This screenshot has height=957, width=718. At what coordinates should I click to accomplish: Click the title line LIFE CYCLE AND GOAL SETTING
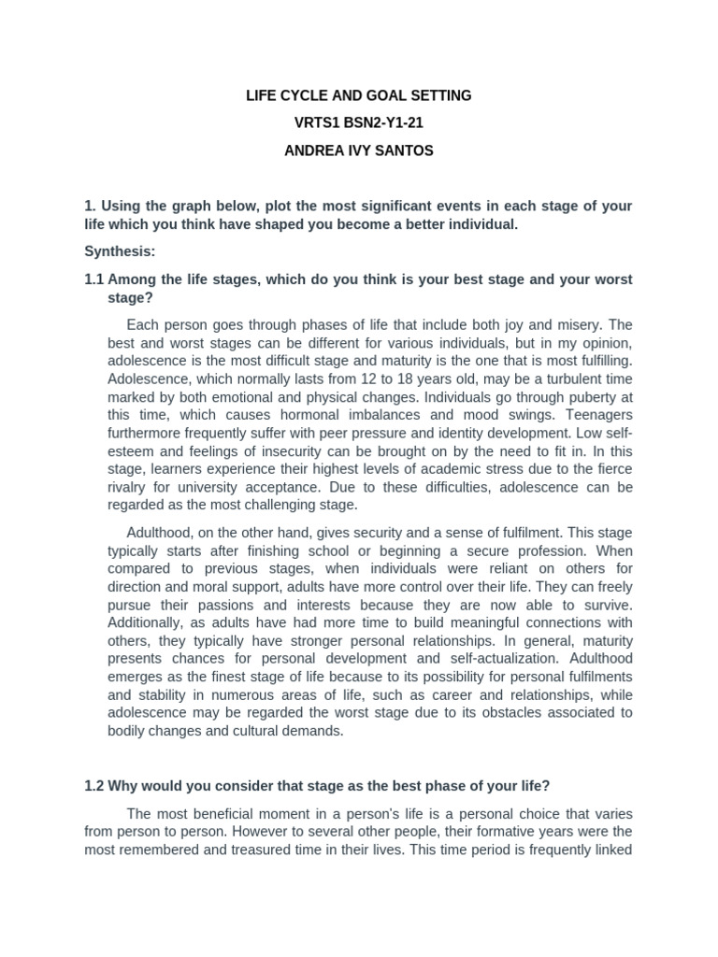pyautogui.click(x=359, y=95)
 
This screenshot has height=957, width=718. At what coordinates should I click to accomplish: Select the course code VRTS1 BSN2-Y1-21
pyautogui.click(x=359, y=122)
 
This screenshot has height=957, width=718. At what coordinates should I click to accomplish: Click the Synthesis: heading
pyautogui.click(x=120, y=251)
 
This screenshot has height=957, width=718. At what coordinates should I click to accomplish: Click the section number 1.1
pyautogui.click(x=94, y=279)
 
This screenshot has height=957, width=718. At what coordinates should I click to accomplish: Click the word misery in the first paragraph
pyautogui.click(x=584, y=325)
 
